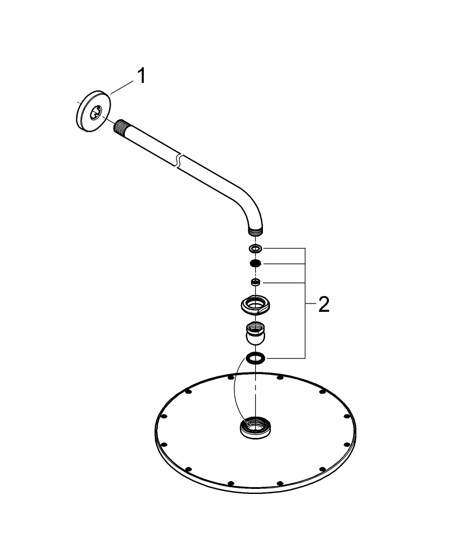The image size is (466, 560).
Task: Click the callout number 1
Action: click(142, 76)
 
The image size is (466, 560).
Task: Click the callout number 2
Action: click(323, 305)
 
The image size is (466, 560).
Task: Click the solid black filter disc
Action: click(255, 264)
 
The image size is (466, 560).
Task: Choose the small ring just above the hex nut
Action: click(255, 282)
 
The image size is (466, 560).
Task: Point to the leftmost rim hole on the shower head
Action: click(163, 417)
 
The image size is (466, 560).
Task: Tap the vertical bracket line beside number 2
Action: click(305, 302)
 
